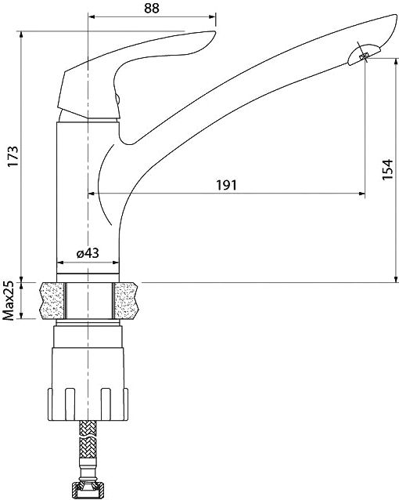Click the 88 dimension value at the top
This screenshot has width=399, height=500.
pyautogui.click(x=151, y=8)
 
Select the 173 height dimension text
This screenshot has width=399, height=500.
pyautogui.click(x=13, y=156)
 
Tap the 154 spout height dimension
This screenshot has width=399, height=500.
pyautogui.click(x=387, y=169)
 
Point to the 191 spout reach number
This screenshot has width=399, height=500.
pyautogui.click(x=227, y=185)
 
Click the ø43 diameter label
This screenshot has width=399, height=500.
pyautogui.click(x=88, y=253)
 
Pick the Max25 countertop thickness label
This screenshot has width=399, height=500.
pyautogui.click(x=9, y=300)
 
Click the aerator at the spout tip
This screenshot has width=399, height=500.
pyautogui.click(x=364, y=55)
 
